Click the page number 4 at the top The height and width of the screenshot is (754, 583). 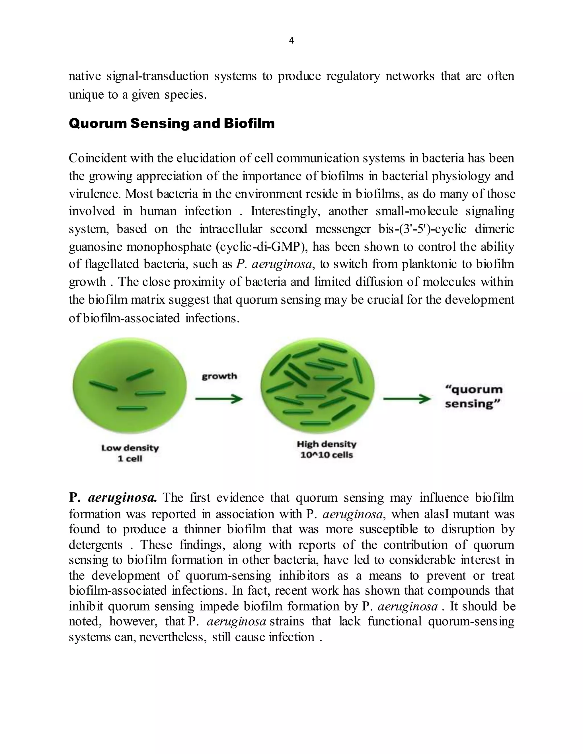click(291, 41)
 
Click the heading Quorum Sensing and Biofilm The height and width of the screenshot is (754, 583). click(172, 123)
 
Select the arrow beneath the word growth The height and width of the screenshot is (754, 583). click(219, 399)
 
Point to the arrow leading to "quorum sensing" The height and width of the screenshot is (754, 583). click(407, 399)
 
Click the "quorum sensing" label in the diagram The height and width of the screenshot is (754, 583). click(473, 397)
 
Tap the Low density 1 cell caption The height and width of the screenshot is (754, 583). click(130, 453)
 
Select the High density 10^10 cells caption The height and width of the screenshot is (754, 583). click(327, 449)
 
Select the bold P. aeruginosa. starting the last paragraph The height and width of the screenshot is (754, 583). click(113, 497)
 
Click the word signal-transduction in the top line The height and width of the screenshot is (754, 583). click(157, 76)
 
